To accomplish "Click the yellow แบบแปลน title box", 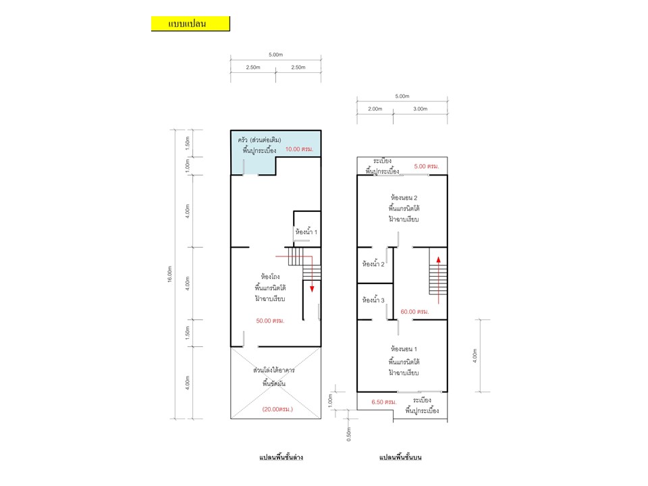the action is [190, 24].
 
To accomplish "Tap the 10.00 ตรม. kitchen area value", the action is [299, 149].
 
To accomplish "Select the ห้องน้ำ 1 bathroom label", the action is [306, 232].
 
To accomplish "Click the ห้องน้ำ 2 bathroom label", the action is [373, 264].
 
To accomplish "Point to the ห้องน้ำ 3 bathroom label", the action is [373, 300].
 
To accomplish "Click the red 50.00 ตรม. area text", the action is [270, 321].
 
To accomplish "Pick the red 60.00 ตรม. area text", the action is [414, 312].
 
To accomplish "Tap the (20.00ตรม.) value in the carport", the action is [277, 409].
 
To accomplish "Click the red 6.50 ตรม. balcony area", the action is [384, 402].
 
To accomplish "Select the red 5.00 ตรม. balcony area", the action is [427, 166].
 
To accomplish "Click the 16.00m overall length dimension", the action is [169, 275].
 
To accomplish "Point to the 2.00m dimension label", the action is [375, 109].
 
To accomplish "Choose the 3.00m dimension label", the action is [421, 109].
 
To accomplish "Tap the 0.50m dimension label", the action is [349, 434].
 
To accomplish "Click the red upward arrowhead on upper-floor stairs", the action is [439, 260].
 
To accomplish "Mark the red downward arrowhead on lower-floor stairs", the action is [312, 289].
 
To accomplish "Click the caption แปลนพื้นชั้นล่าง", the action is [281, 457].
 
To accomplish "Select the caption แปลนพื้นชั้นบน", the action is [400, 457].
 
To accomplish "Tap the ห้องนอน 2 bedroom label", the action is [404, 198].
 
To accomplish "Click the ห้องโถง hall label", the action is [270, 276].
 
